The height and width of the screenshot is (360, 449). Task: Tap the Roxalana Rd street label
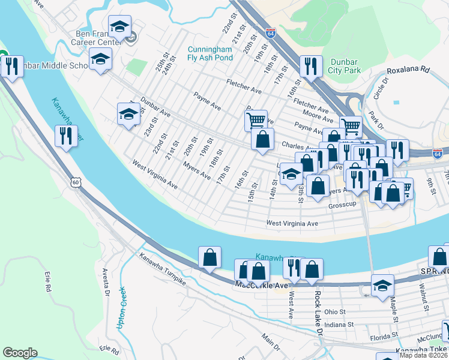(x=409, y=70)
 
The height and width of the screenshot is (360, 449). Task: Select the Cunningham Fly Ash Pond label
(x=209, y=53)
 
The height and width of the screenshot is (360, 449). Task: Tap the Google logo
(x=20, y=353)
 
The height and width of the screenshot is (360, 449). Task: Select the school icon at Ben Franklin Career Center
(x=120, y=27)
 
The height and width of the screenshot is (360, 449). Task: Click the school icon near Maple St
(x=382, y=285)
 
